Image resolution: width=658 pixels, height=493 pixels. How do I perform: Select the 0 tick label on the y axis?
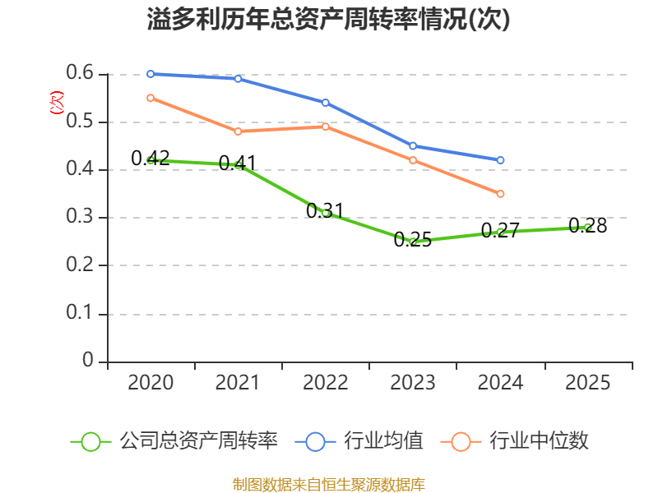tap(88, 362)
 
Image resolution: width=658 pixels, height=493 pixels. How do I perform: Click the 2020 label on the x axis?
tap(151, 383)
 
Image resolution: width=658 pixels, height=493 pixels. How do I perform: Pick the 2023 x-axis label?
tap(413, 383)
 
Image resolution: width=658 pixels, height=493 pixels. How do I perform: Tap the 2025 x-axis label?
tap(587, 383)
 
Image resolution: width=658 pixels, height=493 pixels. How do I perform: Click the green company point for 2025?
tap(587, 227)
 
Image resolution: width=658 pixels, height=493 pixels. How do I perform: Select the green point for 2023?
tap(413, 242)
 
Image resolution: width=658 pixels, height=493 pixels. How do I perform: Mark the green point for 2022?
tap(326, 213)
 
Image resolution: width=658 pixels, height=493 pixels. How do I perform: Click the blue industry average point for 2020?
tap(151, 74)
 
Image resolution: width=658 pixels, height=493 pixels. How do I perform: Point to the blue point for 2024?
tap(500, 160)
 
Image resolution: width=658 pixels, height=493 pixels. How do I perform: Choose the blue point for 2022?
tap(326, 103)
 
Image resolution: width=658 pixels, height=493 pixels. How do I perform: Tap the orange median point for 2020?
tap(151, 98)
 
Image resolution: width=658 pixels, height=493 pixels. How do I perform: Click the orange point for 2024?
tap(500, 194)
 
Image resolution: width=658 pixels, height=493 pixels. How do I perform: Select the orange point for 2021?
tap(239, 131)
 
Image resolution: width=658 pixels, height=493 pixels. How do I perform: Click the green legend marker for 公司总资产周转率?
tap(91, 441)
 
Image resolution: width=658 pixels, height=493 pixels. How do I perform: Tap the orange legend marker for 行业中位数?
tap(461, 441)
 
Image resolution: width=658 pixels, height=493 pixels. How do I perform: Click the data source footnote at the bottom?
tap(329, 484)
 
